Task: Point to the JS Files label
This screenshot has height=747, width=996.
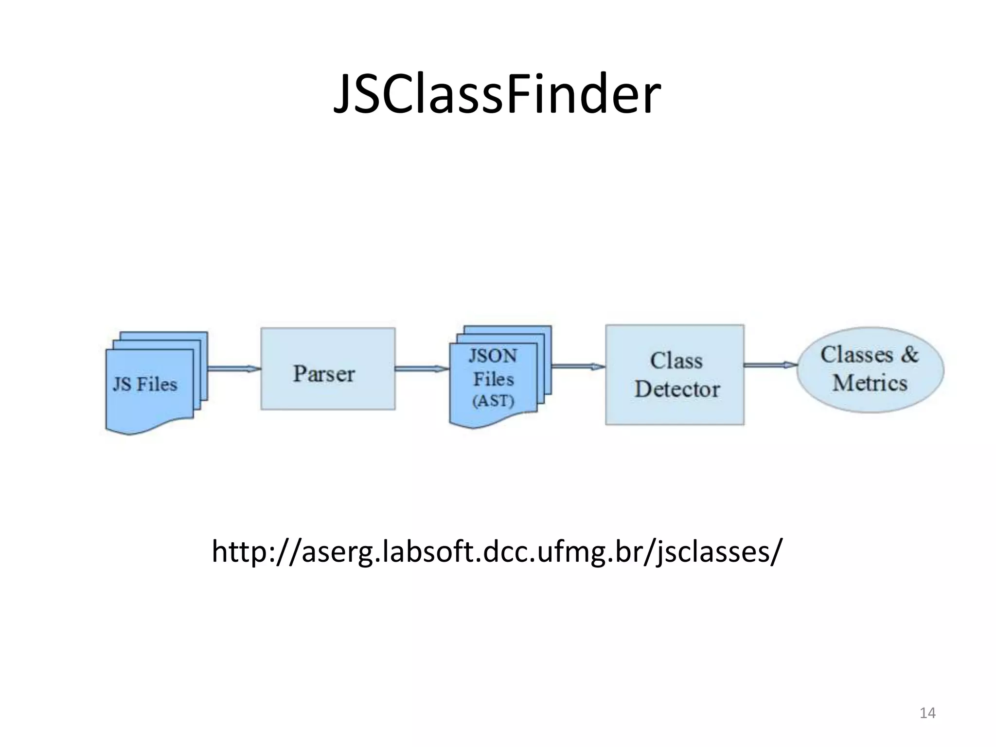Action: tap(145, 384)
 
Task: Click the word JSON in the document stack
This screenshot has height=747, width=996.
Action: tap(493, 356)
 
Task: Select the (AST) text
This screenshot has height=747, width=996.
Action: tap(493, 401)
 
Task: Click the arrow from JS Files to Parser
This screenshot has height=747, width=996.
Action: tap(234, 369)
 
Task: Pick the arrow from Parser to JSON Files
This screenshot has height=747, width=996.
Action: tap(422, 369)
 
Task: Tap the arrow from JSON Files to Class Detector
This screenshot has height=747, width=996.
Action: tap(578, 366)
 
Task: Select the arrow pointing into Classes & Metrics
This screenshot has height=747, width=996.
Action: tap(770, 365)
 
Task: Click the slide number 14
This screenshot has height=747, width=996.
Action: tap(927, 713)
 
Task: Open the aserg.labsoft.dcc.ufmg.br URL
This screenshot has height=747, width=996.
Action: tap(497, 551)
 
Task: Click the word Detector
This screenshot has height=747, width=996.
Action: tap(677, 389)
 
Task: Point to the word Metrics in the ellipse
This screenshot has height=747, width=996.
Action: tap(870, 383)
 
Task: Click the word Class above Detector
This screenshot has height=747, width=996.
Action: tap(676, 361)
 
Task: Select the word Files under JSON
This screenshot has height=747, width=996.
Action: tap(494, 379)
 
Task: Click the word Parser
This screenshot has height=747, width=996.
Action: tap(324, 373)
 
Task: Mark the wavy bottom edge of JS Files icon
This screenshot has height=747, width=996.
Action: tap(146, 427)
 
